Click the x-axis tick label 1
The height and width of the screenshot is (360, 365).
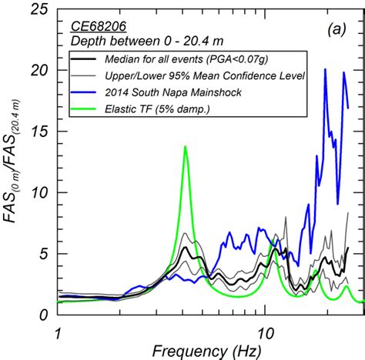coord(59,332)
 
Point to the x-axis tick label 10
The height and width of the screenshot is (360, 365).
coord(265,332)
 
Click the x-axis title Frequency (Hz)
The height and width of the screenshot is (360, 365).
coord(200,350)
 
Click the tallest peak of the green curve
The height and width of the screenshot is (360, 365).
coord(185,146)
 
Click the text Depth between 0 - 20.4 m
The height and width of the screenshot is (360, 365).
coord(132,42)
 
